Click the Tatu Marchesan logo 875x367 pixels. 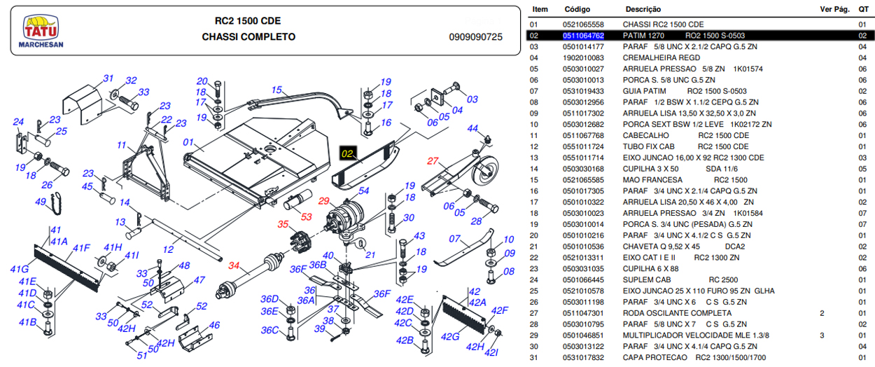pos(43,32)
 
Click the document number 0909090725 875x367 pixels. pos(475,37)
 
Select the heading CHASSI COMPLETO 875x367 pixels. pos(248,37)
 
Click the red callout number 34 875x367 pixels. pos(234,266)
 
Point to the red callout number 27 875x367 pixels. pos(433,161)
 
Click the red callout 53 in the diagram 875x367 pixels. pos(305,217)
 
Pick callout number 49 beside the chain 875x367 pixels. pos(41,202)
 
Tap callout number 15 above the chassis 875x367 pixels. pos(276,90)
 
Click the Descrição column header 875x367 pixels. pos(643,10)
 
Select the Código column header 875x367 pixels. pos(577,10)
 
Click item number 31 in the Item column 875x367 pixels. pos(534,358)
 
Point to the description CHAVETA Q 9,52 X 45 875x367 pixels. pos(661,247)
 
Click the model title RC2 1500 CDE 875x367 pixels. pos(248,20)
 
